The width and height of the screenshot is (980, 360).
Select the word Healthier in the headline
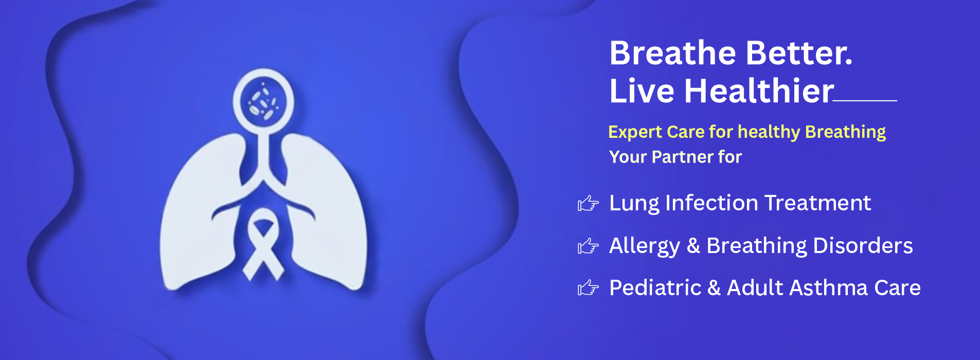coord(759,91)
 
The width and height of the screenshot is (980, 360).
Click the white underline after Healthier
coord(865,101)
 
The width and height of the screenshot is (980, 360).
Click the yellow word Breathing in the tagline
coord(845,132)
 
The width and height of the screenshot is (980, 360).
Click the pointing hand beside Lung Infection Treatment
coord(588,204)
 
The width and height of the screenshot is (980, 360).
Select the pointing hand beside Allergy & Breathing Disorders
coord(588,246)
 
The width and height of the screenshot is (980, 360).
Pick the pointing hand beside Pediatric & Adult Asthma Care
coord(588,288)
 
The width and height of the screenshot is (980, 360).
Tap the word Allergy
coord(645,246)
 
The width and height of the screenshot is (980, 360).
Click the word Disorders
coord(863,246)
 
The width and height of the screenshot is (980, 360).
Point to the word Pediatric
coord(655,288)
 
